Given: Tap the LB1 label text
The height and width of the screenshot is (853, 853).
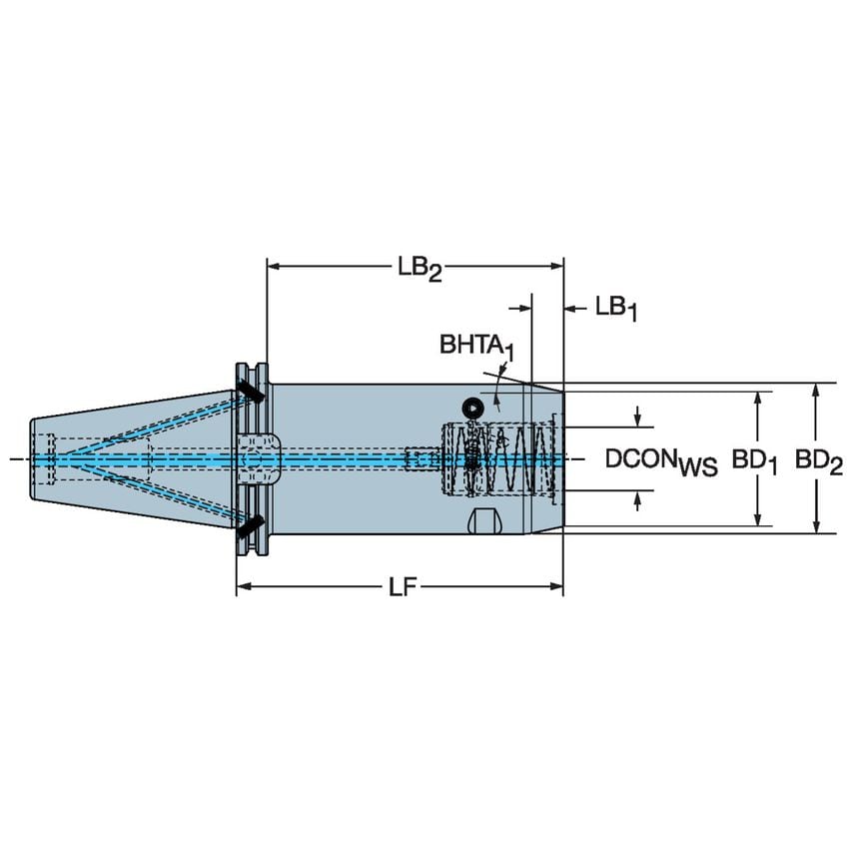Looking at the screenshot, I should point(615,309).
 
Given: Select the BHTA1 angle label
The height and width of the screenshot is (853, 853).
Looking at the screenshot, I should point(476,347).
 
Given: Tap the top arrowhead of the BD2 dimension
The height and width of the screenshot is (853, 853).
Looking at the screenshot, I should point(818,390).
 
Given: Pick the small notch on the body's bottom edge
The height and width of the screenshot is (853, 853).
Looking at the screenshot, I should point(483,522).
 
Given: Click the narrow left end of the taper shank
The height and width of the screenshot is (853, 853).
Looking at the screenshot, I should point(35,458).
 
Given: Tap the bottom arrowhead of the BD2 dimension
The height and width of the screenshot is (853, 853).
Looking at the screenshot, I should point(818,526).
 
